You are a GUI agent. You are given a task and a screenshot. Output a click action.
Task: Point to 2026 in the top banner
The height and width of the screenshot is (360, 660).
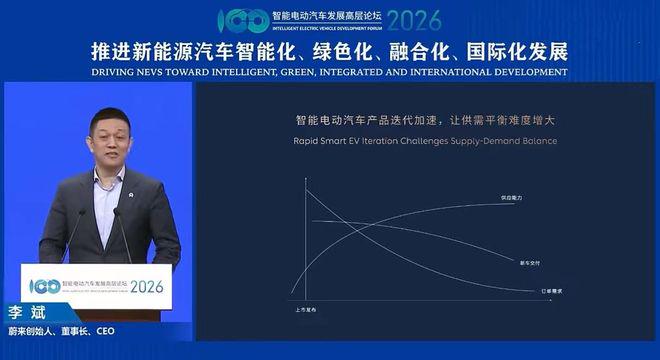(414, 20)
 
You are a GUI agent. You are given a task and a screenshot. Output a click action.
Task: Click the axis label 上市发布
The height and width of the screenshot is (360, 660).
(306, 312)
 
